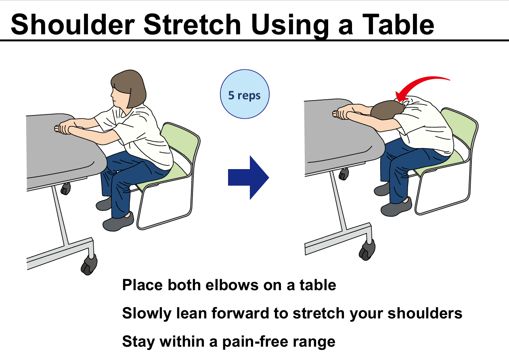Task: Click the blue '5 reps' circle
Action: pos(245,94)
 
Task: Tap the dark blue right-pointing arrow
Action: pos(249,178)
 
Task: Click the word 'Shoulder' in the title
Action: pos(73,25)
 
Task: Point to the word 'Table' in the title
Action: pos(398,25)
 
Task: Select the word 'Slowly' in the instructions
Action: pos(147,314)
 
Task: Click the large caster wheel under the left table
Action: pos(89,264)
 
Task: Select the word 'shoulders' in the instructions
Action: pos(425,313)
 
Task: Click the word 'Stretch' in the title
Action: pos(192,25)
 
